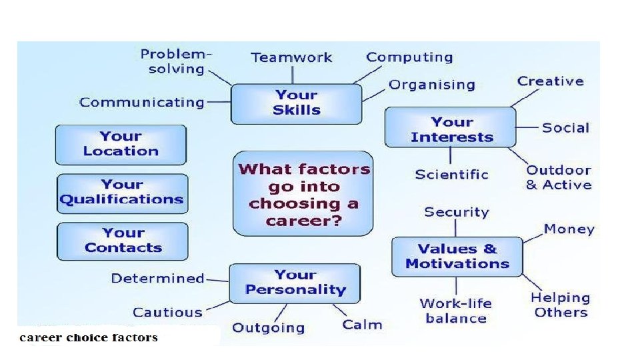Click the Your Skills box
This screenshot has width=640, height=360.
tap(297, 103)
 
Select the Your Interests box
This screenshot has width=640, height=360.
tap(451, 129)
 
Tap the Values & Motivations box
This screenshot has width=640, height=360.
tap(457, 256)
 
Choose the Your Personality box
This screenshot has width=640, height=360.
tap(295, 282)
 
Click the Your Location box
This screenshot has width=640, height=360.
tap(121, 144)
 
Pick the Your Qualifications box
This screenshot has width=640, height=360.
tap(122, 192)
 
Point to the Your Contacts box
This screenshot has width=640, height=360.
tap(123, 241)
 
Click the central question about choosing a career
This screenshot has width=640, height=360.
tap(303, 194)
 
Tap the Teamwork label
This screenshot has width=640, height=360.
tap(291, 57)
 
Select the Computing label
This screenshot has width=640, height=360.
tap(409, 57)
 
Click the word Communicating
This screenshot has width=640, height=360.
tap(141, 102)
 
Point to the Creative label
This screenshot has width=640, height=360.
tap(550, 81)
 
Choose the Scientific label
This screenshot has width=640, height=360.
tap(451, 175)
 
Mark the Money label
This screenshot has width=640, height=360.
tap(569, 229)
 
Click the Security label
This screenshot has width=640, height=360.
tap(457, 212)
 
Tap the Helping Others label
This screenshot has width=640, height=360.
tap(561, 305)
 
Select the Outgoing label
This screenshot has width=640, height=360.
tap(268, 327)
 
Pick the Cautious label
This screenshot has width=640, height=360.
tap(167, 312)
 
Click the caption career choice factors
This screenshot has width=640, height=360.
tap(89, 337)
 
